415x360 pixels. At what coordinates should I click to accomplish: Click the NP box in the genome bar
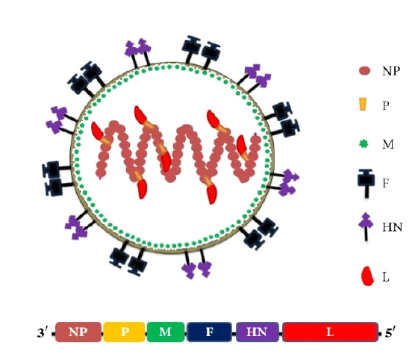click(x=78, y=332)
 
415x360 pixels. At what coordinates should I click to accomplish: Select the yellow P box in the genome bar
click(x=125, y=332)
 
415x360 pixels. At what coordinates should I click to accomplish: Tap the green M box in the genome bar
click(x=166, y=332)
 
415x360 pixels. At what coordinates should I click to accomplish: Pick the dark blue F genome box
click(x=209, y=332)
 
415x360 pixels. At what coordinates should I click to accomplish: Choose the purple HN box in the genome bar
click(x=258, y=332)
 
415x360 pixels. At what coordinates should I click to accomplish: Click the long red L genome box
click(x=330, y=332)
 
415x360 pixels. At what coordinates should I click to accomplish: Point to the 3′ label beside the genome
click(x=43, y=332)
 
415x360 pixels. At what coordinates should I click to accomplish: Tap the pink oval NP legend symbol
click(x=365, y=71)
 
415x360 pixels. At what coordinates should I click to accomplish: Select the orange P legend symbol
click(x=363, y=105)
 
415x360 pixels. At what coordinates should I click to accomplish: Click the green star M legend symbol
click(x=364, y=144)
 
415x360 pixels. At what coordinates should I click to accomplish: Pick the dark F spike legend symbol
click(x=366, y=184)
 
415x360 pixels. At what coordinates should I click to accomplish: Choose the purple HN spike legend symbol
click(x=366, y=226)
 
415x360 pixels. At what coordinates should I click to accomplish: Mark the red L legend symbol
click(x=367, y=276)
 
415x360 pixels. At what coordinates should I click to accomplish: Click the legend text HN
click(x=393, y=227)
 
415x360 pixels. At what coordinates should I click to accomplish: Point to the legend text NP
click(x=390, y=71)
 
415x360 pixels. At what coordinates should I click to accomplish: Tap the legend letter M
click(x=388, y=144)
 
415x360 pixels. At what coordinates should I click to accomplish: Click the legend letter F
click(x=386, y=183)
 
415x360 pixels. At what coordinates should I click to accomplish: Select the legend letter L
click(x=386, y=277)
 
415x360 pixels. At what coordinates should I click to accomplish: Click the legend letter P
click(x=386, y=105)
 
